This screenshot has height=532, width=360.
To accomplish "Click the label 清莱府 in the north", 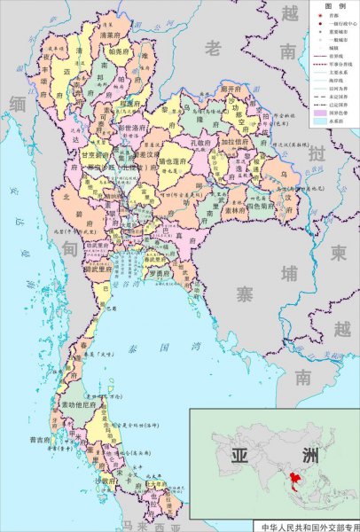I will [110, 35].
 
